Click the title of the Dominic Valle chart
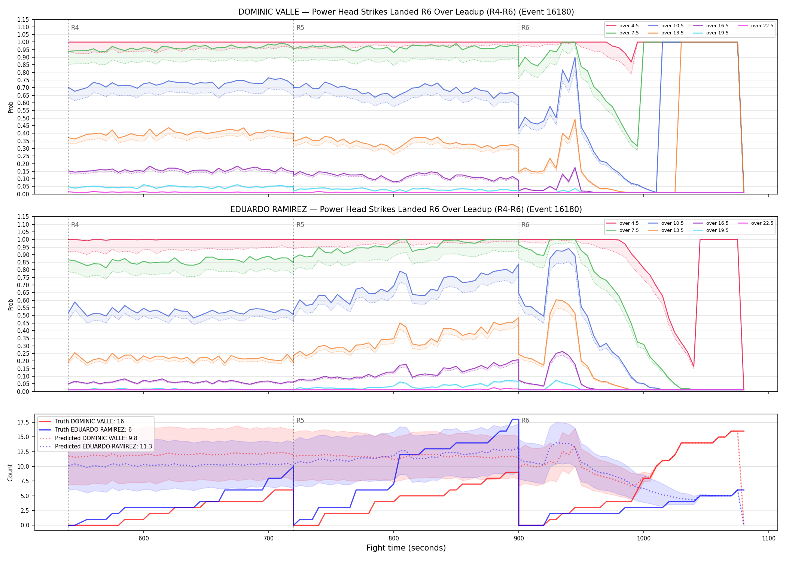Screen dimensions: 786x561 (406, 12)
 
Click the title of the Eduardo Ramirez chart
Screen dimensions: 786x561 (406, 209)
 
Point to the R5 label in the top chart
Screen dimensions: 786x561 (300, 28)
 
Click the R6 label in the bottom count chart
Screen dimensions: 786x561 (525, 420)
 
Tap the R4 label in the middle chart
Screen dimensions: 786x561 (75, 225)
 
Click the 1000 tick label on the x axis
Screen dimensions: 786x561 (644, 539)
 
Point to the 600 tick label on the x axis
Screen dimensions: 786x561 (144, 539)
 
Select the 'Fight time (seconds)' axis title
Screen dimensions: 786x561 (406, 548)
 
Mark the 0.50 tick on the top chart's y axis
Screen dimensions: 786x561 (24, 118)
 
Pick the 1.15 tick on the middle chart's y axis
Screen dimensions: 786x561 (24, 217)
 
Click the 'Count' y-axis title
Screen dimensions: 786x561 (10, 472)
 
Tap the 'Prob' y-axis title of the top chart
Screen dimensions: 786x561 (10, 107)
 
